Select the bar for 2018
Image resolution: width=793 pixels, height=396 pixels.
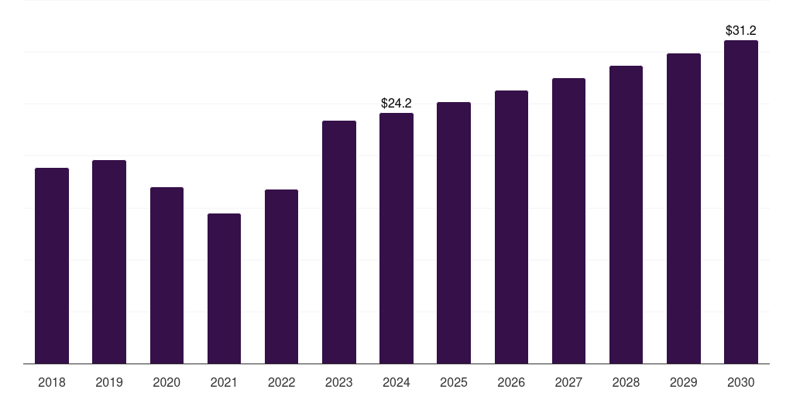click(52, 266)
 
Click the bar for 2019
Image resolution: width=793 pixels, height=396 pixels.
click(109, 261)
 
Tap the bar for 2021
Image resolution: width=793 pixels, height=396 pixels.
click(224, 288)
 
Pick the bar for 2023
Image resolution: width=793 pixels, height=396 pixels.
click(339, 242)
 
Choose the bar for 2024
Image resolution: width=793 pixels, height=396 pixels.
click(396, 238)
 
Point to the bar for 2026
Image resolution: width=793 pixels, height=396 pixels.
click(511, 227)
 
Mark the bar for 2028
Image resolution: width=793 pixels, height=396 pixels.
click(626, 215)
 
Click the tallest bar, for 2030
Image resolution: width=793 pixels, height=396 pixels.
click(741, 202)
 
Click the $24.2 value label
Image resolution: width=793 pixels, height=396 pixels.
click(396, 103)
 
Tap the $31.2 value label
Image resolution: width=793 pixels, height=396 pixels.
click(741, 30)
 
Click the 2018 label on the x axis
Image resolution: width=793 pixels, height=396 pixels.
click(52, 382)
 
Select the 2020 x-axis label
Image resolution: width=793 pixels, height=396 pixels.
click(166, 382)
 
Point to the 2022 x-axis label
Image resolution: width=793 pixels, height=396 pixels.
click(281, 382)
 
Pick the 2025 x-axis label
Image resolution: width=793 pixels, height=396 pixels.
click(454, 382)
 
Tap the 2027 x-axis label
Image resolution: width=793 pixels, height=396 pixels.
click(568, 382)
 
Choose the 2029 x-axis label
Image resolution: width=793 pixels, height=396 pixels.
click(683, 382)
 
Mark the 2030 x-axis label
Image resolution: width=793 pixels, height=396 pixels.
click(741, 382)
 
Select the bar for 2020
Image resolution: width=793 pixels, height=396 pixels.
click(166, 275)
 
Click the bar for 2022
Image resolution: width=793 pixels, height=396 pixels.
click(281, 277)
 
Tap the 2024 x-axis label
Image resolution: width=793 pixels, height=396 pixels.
click(396, 382)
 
